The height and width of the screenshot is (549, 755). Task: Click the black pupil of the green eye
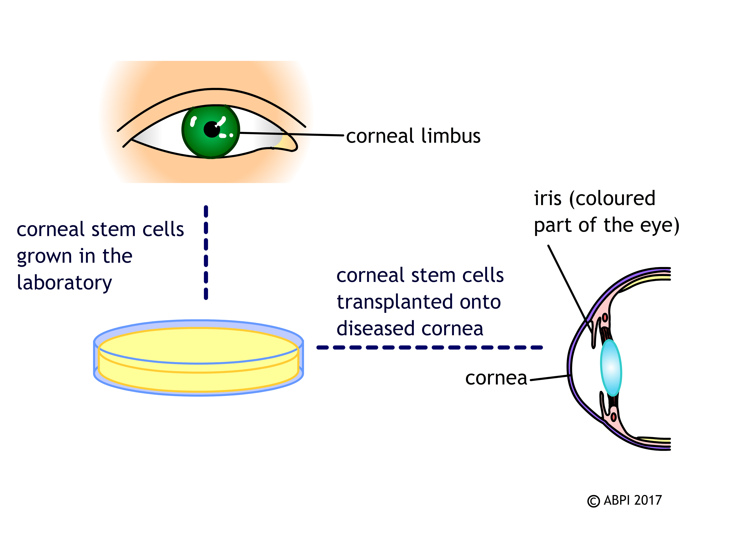pos(211,130)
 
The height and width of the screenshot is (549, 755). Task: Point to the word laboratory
pos(64,283)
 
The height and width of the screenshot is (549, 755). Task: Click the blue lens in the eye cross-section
pos(611,368)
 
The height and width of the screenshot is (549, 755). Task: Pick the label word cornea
pos(496,379)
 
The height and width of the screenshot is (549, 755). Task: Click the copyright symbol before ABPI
pos(593,501)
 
